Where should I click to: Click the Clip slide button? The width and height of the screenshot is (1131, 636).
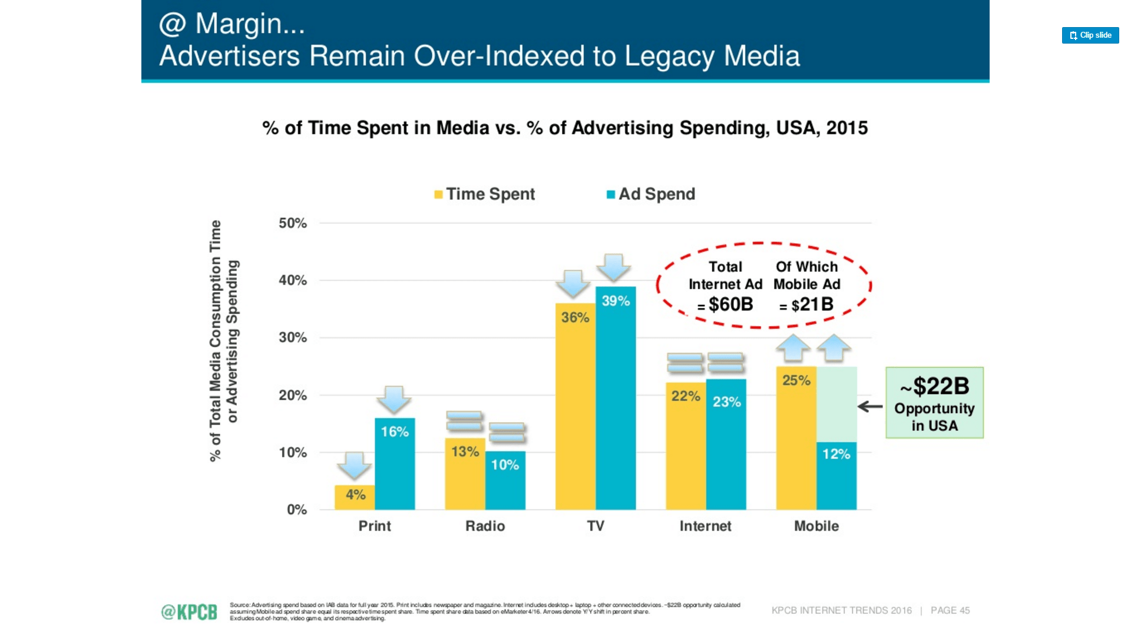(x=1090, y=35)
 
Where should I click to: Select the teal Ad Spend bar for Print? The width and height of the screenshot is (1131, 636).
(x=395, y=471)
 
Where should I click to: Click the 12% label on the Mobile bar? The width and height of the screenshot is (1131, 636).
(x=836, y=454)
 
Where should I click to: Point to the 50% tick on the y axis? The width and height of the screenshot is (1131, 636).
(x=293, y=223)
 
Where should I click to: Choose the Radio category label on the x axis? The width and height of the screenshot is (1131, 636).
(x=485, y=526)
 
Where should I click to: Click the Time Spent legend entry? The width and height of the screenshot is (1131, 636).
(x=484, y=194)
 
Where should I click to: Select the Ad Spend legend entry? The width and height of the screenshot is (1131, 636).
(x=651, y=194)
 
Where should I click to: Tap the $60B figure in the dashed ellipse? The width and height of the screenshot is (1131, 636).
(x=730, y=304)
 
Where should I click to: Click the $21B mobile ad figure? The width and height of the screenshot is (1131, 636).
(x=812, y=304)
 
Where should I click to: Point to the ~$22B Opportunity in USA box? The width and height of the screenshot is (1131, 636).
(x=934, y=403)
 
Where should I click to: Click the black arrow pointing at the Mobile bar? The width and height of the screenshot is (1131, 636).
(x=870, y=406)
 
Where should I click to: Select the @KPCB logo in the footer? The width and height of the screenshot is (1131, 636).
(x=189, y=612)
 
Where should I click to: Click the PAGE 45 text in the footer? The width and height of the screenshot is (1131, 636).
(x=950, y=611)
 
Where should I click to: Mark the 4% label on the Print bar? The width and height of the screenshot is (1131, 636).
(x=355, y=495)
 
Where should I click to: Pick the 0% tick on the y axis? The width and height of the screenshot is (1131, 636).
(x=296, y=509)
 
